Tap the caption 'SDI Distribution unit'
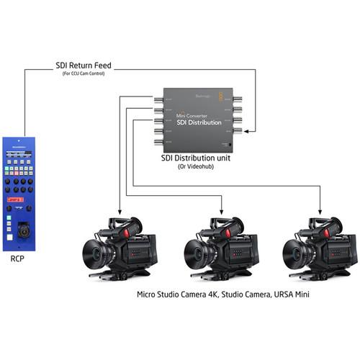click(x=196, y=158)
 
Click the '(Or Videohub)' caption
click(x=196, y=166)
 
